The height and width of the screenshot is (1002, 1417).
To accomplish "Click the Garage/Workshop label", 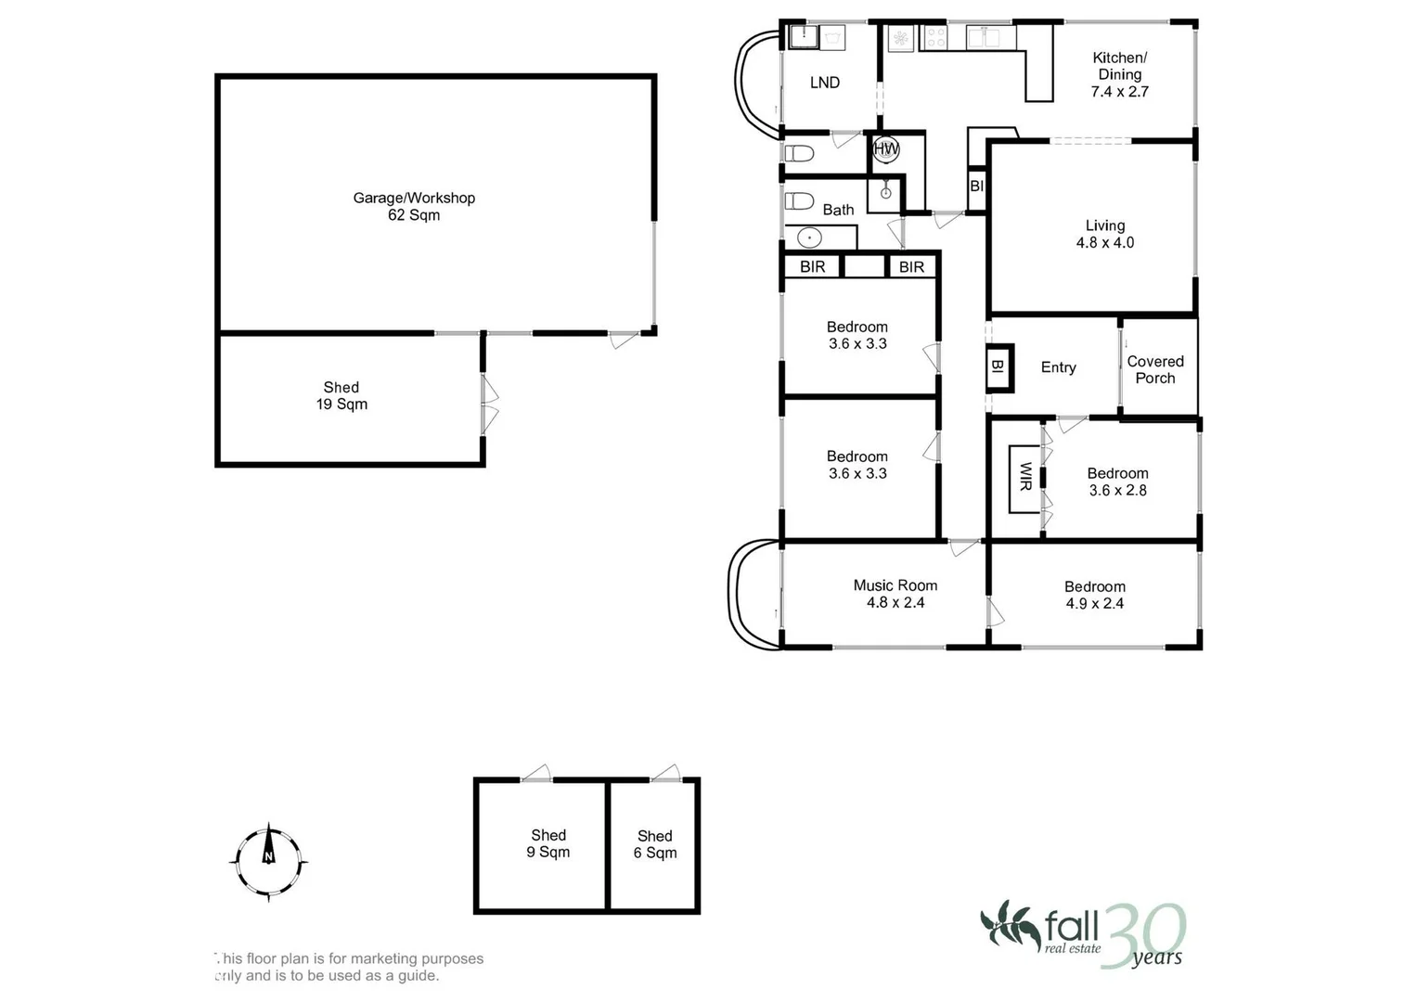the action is [x=414, y=206].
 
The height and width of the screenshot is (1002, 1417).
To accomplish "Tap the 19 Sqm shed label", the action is [x=341, y=395].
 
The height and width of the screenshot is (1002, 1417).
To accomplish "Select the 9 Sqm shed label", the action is [x=548, y=843].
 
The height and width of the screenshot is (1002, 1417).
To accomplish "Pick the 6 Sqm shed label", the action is [x=655, y=844].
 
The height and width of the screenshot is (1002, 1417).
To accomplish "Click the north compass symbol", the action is [x=269, y=862].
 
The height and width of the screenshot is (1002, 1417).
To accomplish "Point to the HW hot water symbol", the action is [x=885, y=149].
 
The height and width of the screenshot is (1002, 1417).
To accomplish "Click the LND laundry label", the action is [x=825, y=83].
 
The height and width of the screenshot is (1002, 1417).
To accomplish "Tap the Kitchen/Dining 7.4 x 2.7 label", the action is [x=1120, y=74].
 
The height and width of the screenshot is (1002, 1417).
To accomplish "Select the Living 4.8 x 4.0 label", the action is [x=1105, y=234].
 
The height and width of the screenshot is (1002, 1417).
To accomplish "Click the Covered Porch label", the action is [x=1155, y=369].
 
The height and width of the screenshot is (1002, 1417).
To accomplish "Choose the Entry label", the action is [x=1058, y=366].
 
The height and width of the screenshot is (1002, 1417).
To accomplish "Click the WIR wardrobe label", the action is [x=1025, y=476].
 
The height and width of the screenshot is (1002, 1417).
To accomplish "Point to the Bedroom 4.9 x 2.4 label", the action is [x=1094, y=595].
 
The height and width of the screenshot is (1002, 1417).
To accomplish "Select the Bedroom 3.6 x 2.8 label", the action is [x=1118, y=482].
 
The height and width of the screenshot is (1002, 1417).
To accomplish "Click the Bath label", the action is [x=838, y=210].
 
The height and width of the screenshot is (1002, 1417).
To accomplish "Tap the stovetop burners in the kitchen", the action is [x=935, y=37].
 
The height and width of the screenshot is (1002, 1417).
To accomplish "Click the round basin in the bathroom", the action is [x=809, y=238].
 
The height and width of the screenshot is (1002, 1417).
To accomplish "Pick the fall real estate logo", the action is [x=1082, y=935].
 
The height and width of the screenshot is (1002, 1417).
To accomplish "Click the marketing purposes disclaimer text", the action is [x=349, y=967].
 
